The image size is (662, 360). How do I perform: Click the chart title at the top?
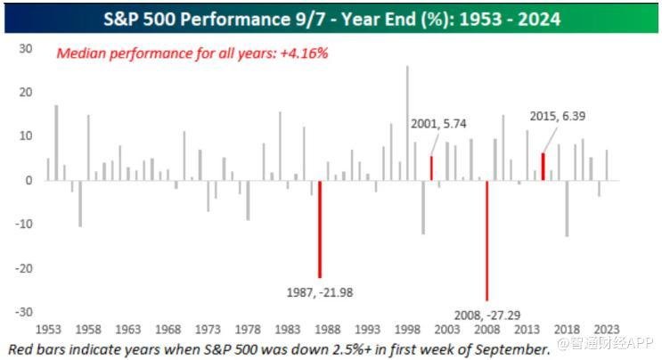[331, 17]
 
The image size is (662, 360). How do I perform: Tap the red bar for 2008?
[486, 240]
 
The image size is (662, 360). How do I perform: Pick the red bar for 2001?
[431, 168]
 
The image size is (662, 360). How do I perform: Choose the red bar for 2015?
[543, 167]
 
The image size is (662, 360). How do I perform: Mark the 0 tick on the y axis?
[29, 181]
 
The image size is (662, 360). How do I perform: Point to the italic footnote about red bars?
[276, 348]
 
